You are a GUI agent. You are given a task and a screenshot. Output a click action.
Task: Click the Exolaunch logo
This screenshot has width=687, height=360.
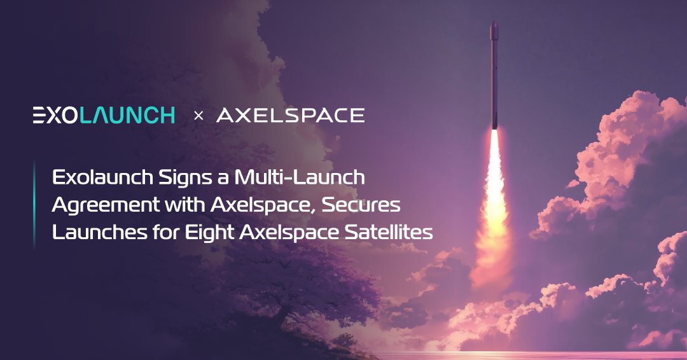[x=104, y=115]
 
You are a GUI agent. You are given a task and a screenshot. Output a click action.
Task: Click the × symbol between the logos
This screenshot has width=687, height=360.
[x=198, y=116]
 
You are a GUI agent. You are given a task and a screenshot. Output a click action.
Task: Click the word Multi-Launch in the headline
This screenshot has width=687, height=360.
[x=300, y=177]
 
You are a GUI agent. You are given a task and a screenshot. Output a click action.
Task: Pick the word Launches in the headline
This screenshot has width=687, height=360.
[x=100, y=233]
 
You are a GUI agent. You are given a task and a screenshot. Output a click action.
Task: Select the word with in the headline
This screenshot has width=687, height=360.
[x=184, y=205]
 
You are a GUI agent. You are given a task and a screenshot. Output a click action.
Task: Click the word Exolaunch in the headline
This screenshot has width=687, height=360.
[x=102, y=177]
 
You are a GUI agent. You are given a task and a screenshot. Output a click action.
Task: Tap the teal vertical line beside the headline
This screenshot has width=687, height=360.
[x=34, y=205]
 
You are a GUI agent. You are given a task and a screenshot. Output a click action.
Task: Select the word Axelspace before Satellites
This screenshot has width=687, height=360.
[x=289, y=233]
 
